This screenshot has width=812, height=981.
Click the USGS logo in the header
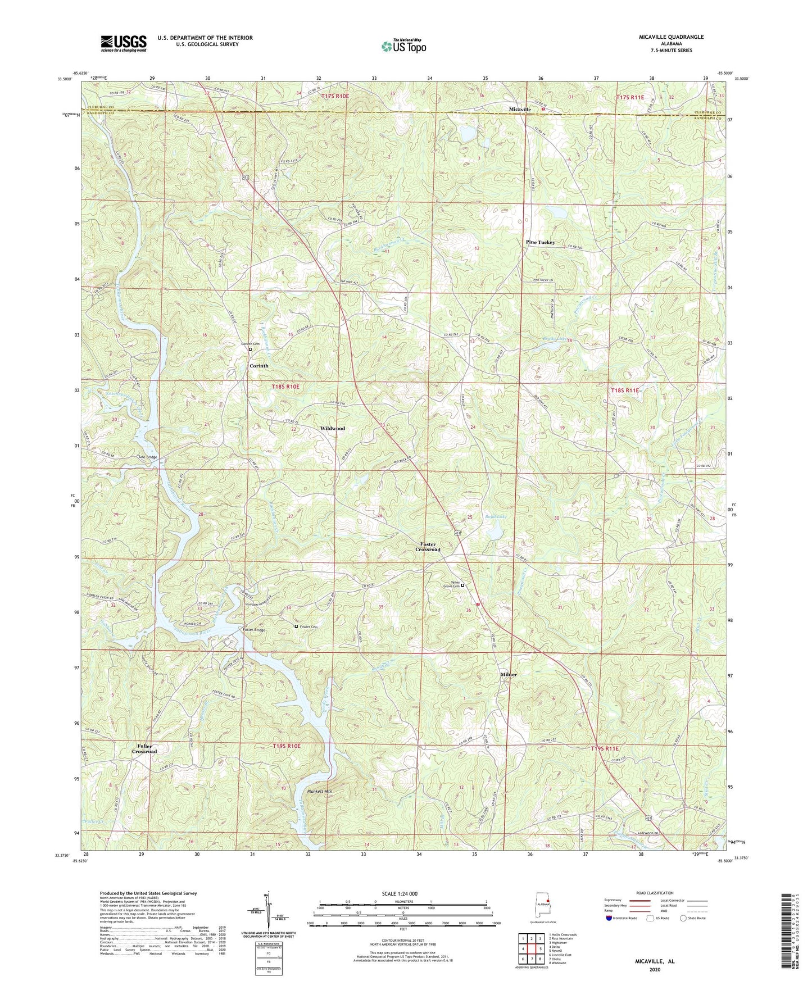(123, 43)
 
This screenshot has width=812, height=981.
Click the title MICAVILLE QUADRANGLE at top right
(668, 37)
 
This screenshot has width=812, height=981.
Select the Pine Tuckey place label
(540, 243)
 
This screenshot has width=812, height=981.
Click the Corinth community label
(259, 366)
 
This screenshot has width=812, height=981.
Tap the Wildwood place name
(332, 428)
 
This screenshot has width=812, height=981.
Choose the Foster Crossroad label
(428, 547)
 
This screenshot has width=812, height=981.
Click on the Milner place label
(509, 674)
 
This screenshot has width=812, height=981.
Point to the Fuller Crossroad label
(144, 748)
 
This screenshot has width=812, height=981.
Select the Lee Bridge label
(148, 457)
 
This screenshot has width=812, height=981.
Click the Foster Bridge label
(254, 630)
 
